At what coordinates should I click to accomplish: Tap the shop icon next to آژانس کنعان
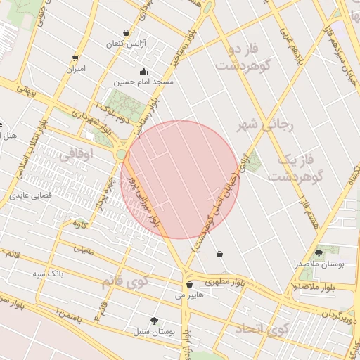(126, 32)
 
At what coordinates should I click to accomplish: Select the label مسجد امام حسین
(144, 82)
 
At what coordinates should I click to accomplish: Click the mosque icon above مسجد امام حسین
(143, 71)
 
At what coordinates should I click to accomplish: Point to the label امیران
(75, 69)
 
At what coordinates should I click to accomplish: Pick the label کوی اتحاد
(262, 328)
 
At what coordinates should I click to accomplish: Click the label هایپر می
(190, 295)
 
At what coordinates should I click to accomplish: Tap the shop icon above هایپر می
(190, 285)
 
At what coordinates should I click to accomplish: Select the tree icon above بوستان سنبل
(154, 321)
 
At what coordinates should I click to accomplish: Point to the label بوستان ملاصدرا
(319, 264)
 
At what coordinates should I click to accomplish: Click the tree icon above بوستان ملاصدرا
(319, 252)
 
